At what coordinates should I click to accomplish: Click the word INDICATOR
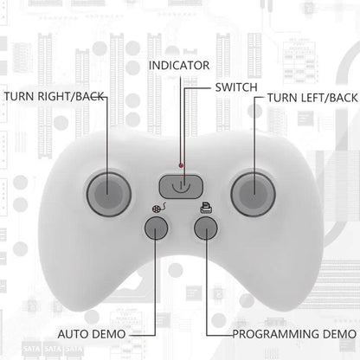[x=179, y=66]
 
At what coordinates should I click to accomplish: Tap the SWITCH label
[x=236, y=87]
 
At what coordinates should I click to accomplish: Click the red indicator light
[x=181, y=165]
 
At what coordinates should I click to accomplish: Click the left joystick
[x=109, y=194]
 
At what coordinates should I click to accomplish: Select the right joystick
[x=253, y=194]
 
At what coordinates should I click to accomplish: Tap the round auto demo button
[x=156, y=228]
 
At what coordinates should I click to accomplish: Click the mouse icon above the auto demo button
[x=159, y=208]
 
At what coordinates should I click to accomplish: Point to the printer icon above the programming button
[x=207, y=208]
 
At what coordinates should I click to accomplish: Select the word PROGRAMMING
[x=276, y=334]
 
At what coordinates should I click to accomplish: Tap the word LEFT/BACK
[x=329, y=98]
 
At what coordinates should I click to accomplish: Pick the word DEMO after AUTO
[x=107, y=334]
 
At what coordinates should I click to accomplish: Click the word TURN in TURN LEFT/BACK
[x=282, y=98]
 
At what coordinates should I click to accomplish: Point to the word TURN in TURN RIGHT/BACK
[x=19, y=96]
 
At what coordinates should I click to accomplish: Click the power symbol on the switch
[x=181, y=187]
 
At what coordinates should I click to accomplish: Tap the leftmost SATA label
[x=32, y=350]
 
